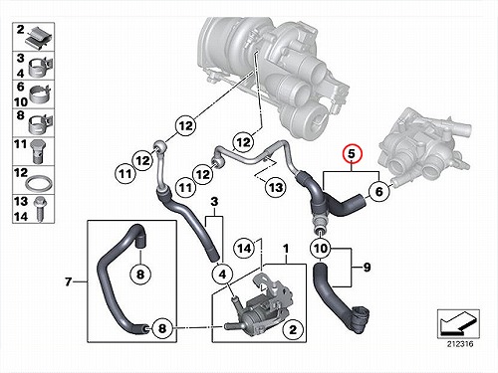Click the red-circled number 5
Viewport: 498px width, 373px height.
352,154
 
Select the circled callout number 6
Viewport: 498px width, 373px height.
378,191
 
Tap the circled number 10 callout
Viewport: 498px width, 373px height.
320,248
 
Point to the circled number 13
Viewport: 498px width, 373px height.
276,188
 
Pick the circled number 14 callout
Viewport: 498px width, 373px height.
244,248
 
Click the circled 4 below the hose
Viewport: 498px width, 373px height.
222,274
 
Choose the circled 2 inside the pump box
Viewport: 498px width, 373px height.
293,329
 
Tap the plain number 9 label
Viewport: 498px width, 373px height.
367,268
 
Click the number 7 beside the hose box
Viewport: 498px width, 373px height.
68,281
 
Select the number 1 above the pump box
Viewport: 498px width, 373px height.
286,249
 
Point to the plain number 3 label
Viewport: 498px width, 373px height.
214,201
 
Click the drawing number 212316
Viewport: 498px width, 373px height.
460,344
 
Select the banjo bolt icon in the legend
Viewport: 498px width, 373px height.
38,151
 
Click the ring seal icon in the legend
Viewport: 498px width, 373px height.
39,183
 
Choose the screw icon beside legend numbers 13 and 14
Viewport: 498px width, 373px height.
41,209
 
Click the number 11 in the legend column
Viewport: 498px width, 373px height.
20,144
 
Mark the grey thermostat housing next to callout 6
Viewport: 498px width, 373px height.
426,147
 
